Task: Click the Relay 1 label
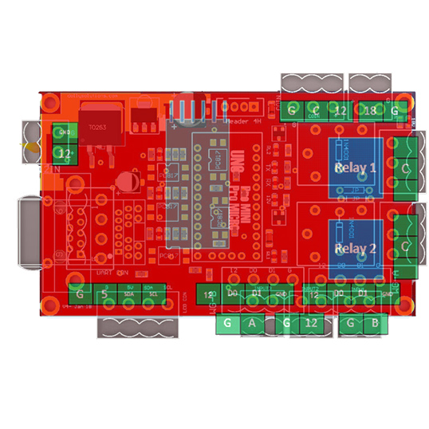pyautogui.click(x=355, y=168)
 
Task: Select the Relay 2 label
pyautogui.click(x=355, y=248)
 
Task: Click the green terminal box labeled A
pyautogui.click(x=252, y=323)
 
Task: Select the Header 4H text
pyautogui.click(x=243, y=121)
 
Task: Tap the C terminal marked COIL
pyautogui.click(x=316, y=110)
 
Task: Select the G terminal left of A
pyautogui.click(x=227, y=323)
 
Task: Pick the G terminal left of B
pyautogui.click(x=350, y=323)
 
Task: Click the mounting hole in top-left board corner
pyautogui.click(x=51, y=101)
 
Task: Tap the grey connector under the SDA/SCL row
pyautogui.click(x=131, y=327)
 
